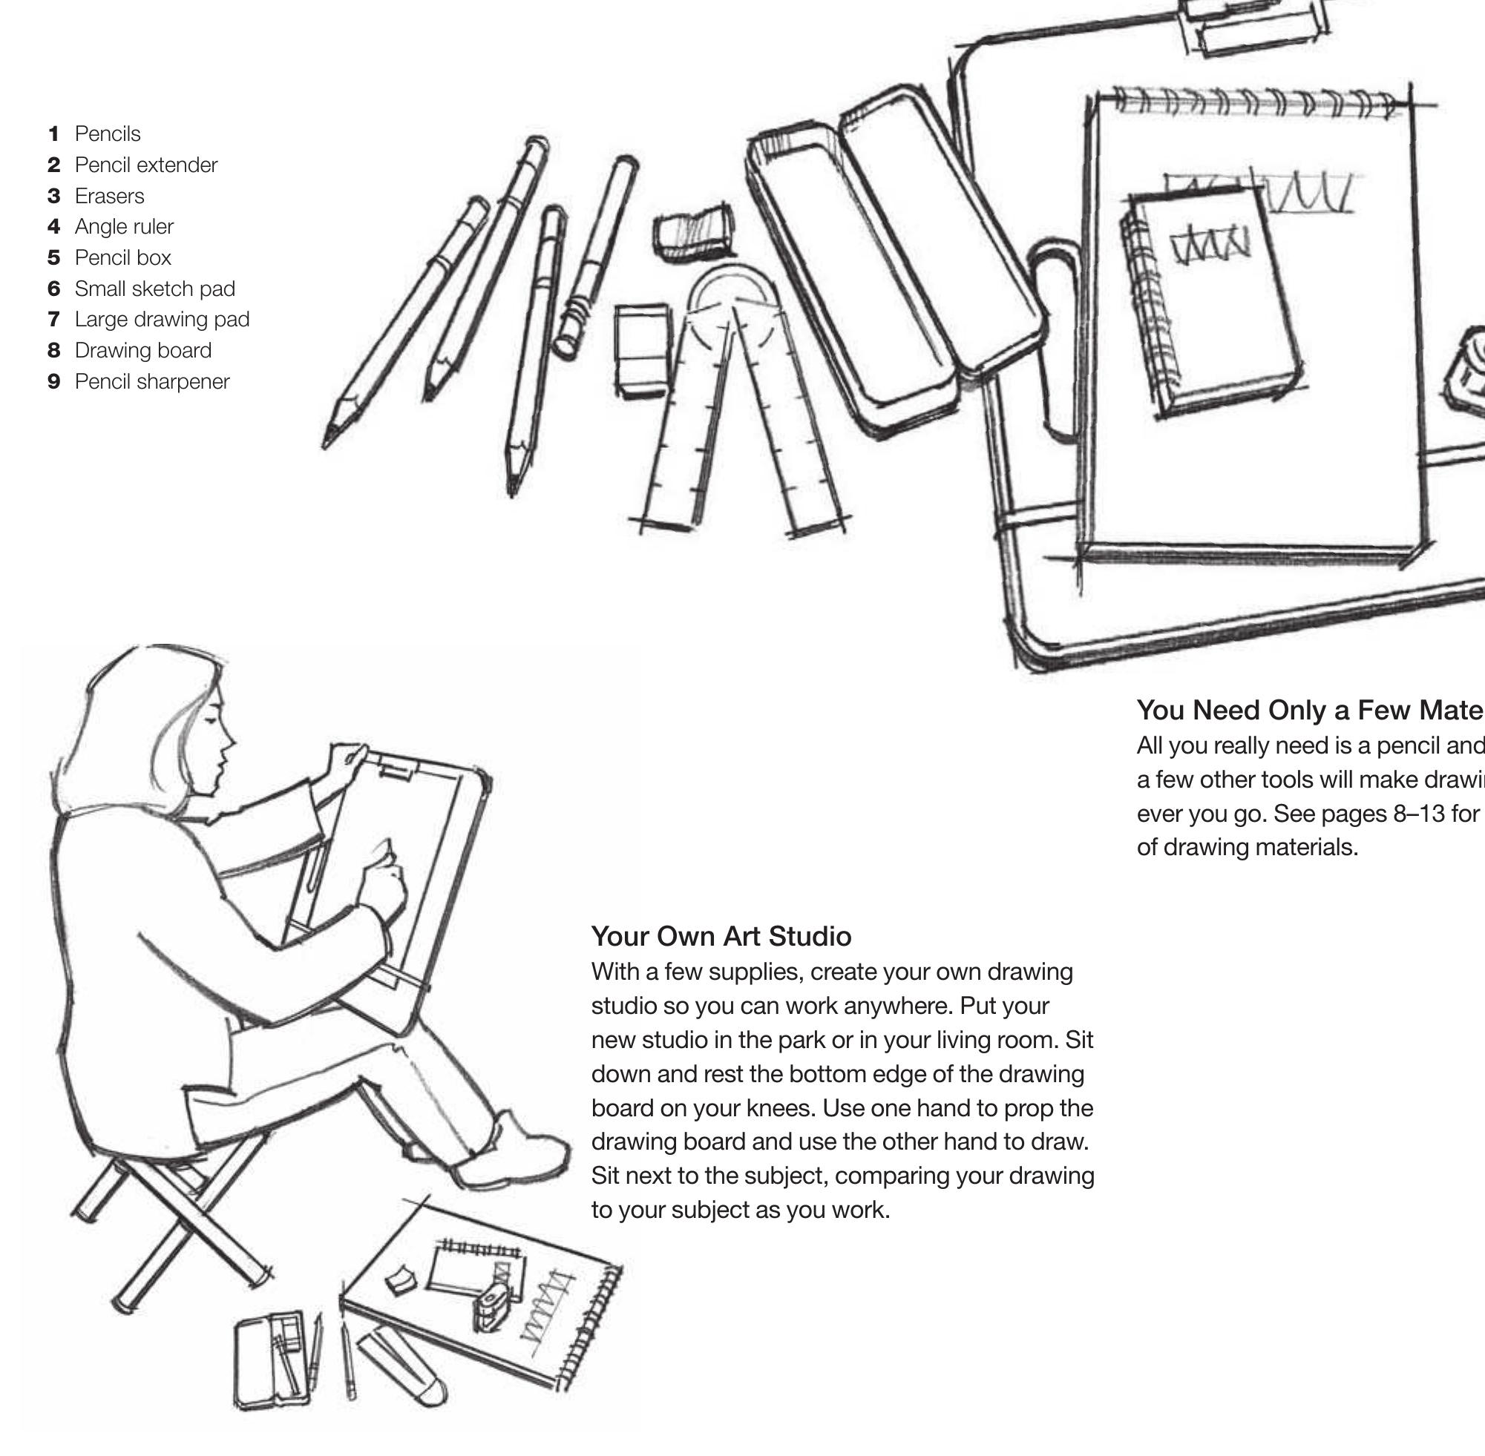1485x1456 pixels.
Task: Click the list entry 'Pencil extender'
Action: tap(145, 165)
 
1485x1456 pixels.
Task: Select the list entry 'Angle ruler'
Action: tap(124, 227)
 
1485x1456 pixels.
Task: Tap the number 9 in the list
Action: tap(53, 381)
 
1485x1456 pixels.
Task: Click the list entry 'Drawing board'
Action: tap(143, 350)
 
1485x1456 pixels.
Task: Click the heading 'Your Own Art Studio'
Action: tap(721, 936)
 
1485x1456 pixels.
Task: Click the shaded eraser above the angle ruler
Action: tap(693, 230)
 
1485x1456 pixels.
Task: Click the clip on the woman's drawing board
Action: tap(396, 768)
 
